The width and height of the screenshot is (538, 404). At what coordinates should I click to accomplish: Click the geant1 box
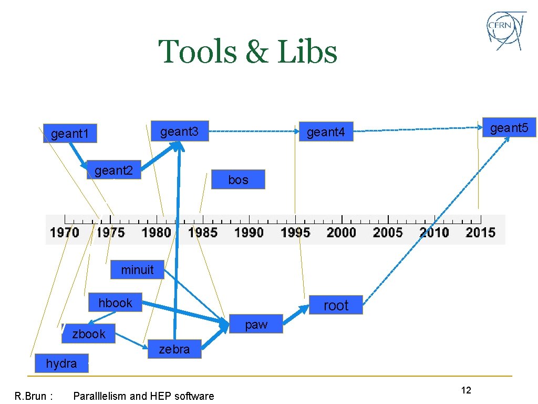[x=70, y=134]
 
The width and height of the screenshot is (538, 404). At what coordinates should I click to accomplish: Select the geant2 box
[x=113, y=170]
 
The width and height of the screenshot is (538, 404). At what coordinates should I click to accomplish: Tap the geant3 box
[x=179, y=132]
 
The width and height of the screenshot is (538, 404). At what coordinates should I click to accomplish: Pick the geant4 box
[x=326, y=132]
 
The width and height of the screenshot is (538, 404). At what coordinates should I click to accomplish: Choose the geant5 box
[x=509, y=127]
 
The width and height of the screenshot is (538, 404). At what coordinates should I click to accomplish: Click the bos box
[x=238, y=179]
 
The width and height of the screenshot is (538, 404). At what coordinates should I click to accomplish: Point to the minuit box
[x=137, y=270]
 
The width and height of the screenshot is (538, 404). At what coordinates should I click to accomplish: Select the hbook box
[x=115, y=302]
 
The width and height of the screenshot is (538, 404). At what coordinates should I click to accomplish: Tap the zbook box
[x=88, y=334]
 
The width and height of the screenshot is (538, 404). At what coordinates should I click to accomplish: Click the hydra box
[x=61, y=363]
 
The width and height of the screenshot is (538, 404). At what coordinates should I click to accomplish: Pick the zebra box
[x=174, y=349]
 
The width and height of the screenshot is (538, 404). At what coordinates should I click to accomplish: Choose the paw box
[x=256, y=324]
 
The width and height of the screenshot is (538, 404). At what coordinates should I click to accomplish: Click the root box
[x=336, y=305]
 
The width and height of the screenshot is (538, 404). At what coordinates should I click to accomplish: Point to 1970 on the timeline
[x=65, y=232]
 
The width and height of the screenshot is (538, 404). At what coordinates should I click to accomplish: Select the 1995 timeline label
[x=295, y=232]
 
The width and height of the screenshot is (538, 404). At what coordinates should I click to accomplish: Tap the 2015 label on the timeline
[x=480, y=232]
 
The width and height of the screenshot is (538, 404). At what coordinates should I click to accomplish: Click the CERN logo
[x=506, y=31]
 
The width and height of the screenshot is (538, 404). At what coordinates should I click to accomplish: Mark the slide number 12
[x=465, y=390]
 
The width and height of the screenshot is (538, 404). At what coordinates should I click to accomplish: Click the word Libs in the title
[x=307, y=52]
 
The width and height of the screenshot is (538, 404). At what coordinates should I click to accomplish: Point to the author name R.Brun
[x=34, y=396]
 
